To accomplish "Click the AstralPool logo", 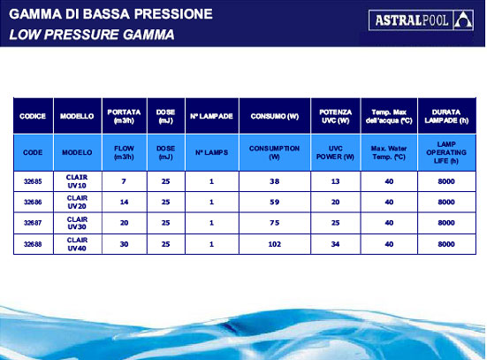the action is pyautogui.click(x=421, y=20).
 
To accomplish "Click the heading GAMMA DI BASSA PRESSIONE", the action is pyautogui.click(x=110, y=14).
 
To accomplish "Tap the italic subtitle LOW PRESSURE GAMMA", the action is pyautogui.click(x=92, y=34).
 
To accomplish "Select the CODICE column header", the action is pyautogui.click(x=33, y=116).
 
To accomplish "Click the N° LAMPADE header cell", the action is pyautogui.click(x=211, y=116).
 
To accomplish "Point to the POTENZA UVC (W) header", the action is pyautogui.click(x=336, y=116).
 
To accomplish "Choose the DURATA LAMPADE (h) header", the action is pyautogui.click(x=446, y=116).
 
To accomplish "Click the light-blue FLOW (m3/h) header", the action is pyautogui.click(x=124, y=153).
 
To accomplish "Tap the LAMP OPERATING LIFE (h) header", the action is pyautogui.click(x=446, y=152).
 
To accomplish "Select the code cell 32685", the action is pyautogui.click(x=33, y=181).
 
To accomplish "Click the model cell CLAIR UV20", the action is pyautogui.click(x=77, y=202).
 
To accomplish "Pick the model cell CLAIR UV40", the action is pyautogui.click(x=77, y=244).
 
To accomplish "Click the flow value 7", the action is pyautogui.click(x=124, y=181).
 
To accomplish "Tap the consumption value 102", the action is pyautogui.click(x=275, y=244).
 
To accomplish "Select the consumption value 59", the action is pyautogui.click(x=275, y=202).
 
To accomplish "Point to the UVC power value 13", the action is pyautogui.click(x=336, y=181).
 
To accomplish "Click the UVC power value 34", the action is pyautogui.click(x=336, y=244).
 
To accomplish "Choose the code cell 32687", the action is pyautogui.click(x=33, y=223).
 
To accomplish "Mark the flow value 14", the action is pyautogui.click(x=125, y=202).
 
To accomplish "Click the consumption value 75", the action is pyautogui.click(x=275, y=223).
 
